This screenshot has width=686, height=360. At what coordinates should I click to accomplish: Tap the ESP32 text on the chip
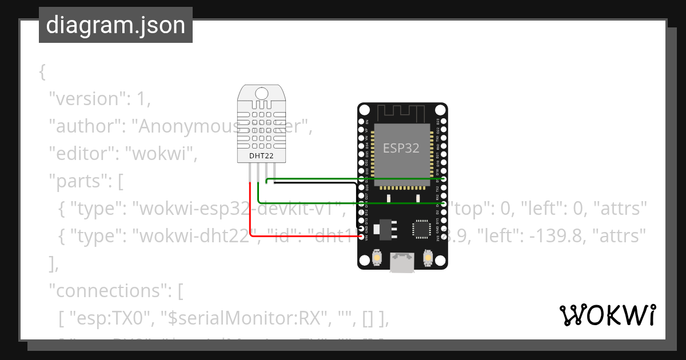pyautogui.click(x=401, y=148)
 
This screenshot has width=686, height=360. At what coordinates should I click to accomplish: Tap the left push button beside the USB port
pyautogui.click(x=377, y=259)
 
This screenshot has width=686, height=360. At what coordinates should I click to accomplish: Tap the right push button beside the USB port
pyautogui.click(x=428, y=259)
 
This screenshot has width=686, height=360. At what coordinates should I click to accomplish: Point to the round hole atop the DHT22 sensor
pyautogui.click(x=262, y=93)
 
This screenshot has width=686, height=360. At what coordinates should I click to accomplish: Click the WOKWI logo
pyautogui.click(x=607, y=315)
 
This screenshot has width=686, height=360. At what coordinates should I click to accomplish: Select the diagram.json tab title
pyautogui.click(x=115, y=25)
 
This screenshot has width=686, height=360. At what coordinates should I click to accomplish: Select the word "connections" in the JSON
pyautogui.click(x=109, y=291)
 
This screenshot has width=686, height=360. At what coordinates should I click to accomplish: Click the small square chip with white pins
pyautogui.click(x=422, y=228)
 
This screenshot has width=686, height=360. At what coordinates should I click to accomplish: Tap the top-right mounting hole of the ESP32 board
pyautogui.click(x=440, y=110)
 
